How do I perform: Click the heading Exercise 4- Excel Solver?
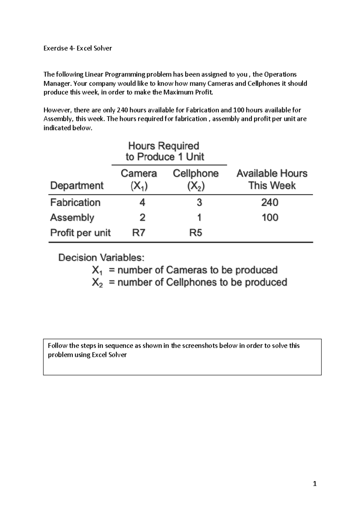[78, 48]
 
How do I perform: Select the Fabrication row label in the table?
[75, 203]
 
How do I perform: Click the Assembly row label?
[72, 218]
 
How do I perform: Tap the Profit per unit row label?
[80, 233]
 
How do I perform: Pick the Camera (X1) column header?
[139, 180]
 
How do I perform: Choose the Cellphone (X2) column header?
[196, 180]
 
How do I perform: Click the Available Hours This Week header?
[272, 179]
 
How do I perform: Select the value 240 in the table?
[270, 203]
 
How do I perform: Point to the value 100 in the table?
[270, 218]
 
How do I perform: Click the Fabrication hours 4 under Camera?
[142, 203]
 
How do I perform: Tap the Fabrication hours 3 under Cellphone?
[199, 203]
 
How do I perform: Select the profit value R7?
[139, 233]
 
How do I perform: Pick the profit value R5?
[196, 233]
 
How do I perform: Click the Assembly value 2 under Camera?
[142, 218]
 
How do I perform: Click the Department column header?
[77, 186]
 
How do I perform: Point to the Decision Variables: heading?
[101, 258]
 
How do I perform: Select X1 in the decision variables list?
[97, 270]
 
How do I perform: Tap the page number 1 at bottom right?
[314, 484]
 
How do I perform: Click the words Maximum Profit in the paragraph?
[188, 92]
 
